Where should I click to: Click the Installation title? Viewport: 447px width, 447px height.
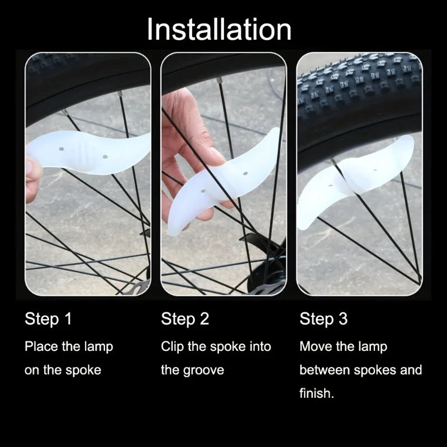(219, 29)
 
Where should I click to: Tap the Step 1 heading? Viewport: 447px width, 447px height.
(48, 320)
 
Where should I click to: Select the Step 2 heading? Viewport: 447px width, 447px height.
(185, 320)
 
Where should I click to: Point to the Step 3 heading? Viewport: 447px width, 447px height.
(324, 320)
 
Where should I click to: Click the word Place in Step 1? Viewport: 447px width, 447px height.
(41, 346)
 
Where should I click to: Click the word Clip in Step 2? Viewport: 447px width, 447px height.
(172, 346)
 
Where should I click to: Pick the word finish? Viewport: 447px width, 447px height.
(316, 393)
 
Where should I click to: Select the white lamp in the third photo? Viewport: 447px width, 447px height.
(358, 179)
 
